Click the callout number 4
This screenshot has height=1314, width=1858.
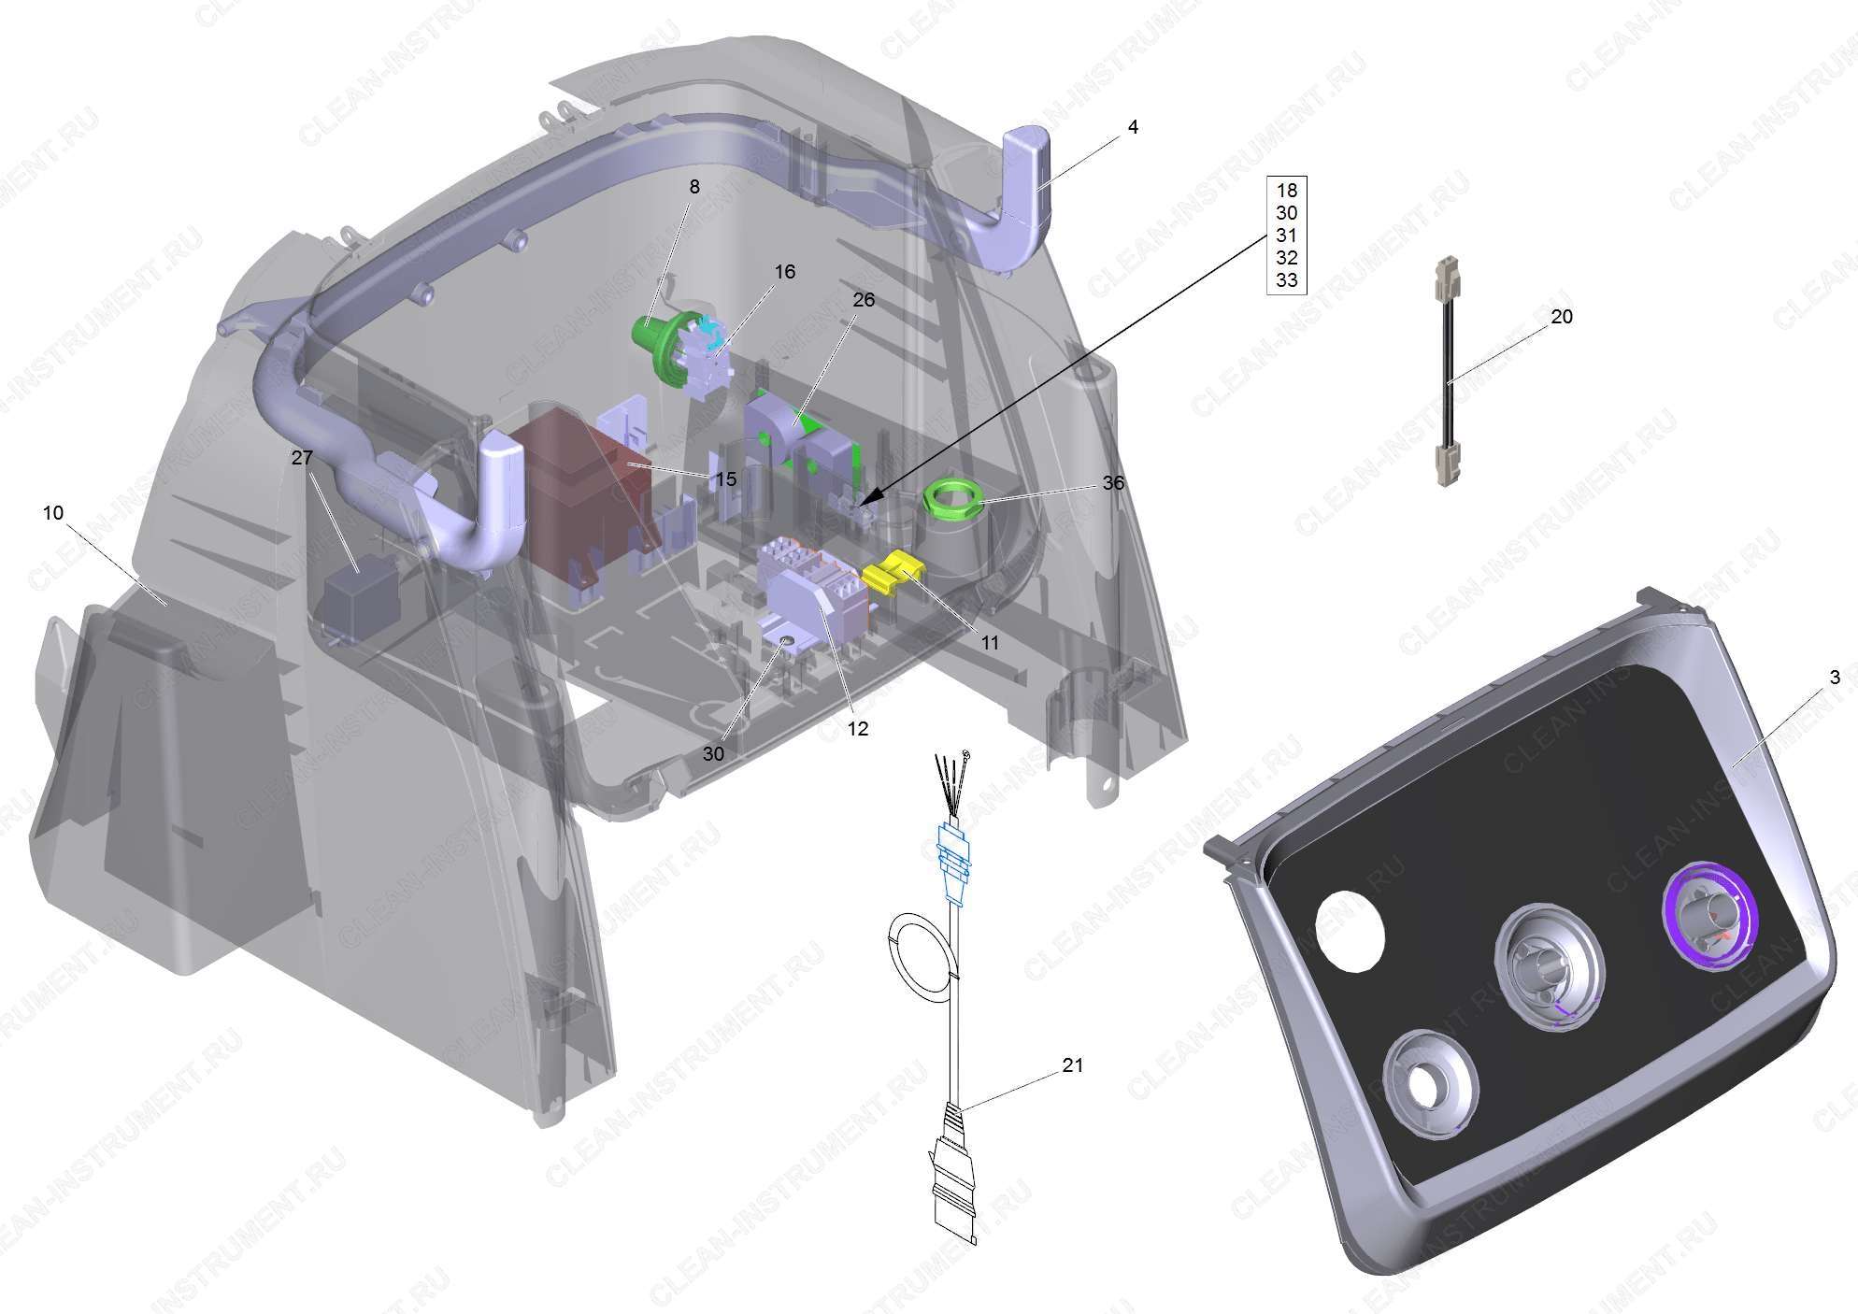tap(1133, 126)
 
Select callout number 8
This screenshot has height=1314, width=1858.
tap(694, 187)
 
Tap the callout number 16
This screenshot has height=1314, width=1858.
tap(785, 271)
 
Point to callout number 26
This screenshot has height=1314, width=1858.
tap(864, 299)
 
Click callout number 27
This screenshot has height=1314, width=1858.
tap(302, 458)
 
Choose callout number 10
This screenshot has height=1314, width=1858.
tap(53, 513)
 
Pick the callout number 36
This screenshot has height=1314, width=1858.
tap(1113, 483)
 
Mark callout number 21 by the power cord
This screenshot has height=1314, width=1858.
tap(1073, 1065)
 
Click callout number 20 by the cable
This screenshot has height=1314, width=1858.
tap(1562, 317)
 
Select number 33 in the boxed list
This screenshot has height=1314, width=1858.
tap(1287, 280)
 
